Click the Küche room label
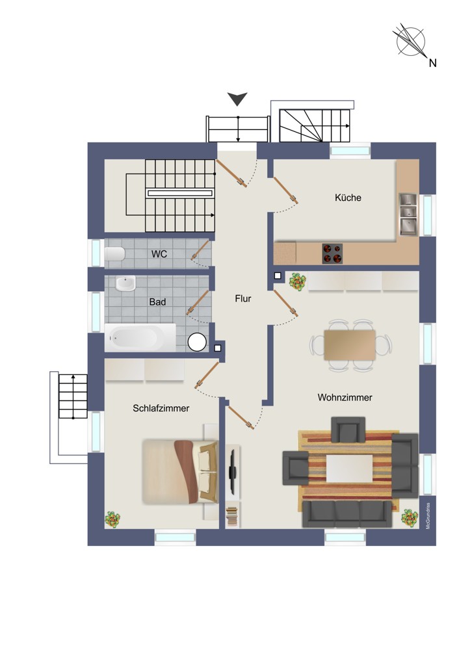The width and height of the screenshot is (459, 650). coord(348,198)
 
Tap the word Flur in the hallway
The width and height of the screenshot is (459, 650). coord(243,298)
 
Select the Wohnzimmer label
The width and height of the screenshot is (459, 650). coord(345,398)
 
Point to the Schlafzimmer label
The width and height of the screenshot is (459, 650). coord(161,408)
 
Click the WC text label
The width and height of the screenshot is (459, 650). coord(159,253)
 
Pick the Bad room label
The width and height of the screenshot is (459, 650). coord(157,302)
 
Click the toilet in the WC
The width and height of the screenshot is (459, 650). coord(115,253)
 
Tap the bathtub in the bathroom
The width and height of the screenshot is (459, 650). coord(140,338)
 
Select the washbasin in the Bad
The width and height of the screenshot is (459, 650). coord(125,284)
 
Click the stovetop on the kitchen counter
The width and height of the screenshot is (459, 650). coord(332,253)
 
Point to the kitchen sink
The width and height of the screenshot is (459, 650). coord(408,214)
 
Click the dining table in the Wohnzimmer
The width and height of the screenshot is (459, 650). coord(350,345)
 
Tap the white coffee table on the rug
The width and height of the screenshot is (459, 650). coord(350,469)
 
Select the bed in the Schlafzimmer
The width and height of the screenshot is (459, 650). coord(179,472)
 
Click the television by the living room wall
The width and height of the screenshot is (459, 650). coord(233,472)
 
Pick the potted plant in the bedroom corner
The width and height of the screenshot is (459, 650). coord(112,519)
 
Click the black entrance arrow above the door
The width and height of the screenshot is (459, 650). coord(237,99)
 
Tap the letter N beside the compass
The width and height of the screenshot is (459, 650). coord(432,63)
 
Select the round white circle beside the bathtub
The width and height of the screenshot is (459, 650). coord(197,342)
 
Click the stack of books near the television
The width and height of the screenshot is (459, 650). coord(232,517)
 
